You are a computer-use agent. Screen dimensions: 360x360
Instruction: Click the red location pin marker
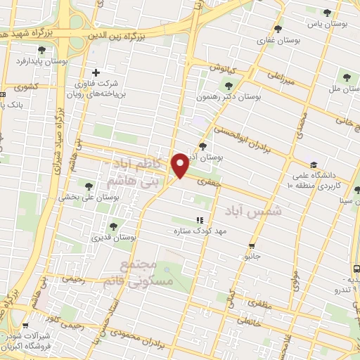pyautogui.click(x=181, y=165)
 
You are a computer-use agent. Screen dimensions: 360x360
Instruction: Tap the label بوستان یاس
pyautogui.click(x=334, y=23)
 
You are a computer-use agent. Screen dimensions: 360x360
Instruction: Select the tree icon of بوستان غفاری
pyautogui.click(x=278, y=30)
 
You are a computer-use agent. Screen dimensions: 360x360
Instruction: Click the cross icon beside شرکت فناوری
pyautogui.click(x=96, y=72)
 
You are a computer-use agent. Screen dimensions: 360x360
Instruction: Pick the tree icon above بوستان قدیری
pyautogui.click(x=113, y=226)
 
